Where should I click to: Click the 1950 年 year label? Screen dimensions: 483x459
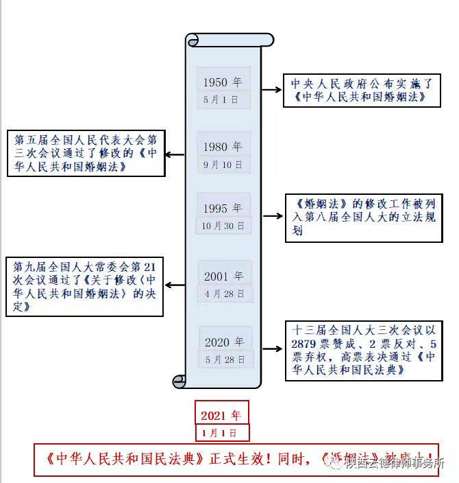point(223,82)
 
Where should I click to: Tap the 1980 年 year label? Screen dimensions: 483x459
point(223,147)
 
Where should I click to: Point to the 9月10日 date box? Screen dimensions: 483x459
point(223,165)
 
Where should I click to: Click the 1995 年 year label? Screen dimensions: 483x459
point(223,208)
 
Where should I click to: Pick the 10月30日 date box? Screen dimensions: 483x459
point(223,225)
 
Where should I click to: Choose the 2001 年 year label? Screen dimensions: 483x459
point(223,276)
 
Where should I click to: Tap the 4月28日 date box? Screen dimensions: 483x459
point(223,294)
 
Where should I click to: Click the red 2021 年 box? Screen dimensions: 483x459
point(221,415)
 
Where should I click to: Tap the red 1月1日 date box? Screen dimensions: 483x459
point(221,433)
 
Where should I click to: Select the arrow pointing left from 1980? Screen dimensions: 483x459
point(175,154)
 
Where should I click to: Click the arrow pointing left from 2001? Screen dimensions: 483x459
point(175,284)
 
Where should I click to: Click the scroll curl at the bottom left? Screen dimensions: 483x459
point(179,380)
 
